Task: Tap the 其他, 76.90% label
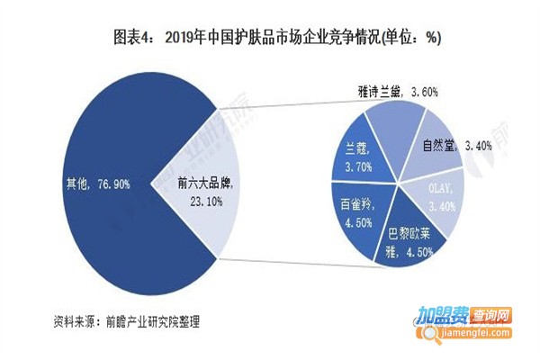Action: [98, 184]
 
